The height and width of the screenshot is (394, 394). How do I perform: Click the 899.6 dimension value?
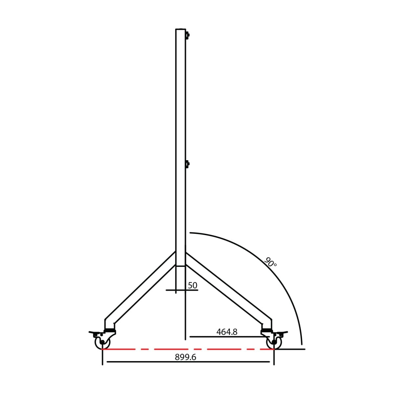tap(186, 357)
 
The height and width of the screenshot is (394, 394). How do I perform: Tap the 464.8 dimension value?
tap(227, 332)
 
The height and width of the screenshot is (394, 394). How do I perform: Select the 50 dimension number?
tap(192, 285)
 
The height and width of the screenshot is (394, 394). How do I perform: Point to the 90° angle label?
tap(270, 262)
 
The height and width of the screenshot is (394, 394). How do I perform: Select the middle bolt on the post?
tap(187, 164)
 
